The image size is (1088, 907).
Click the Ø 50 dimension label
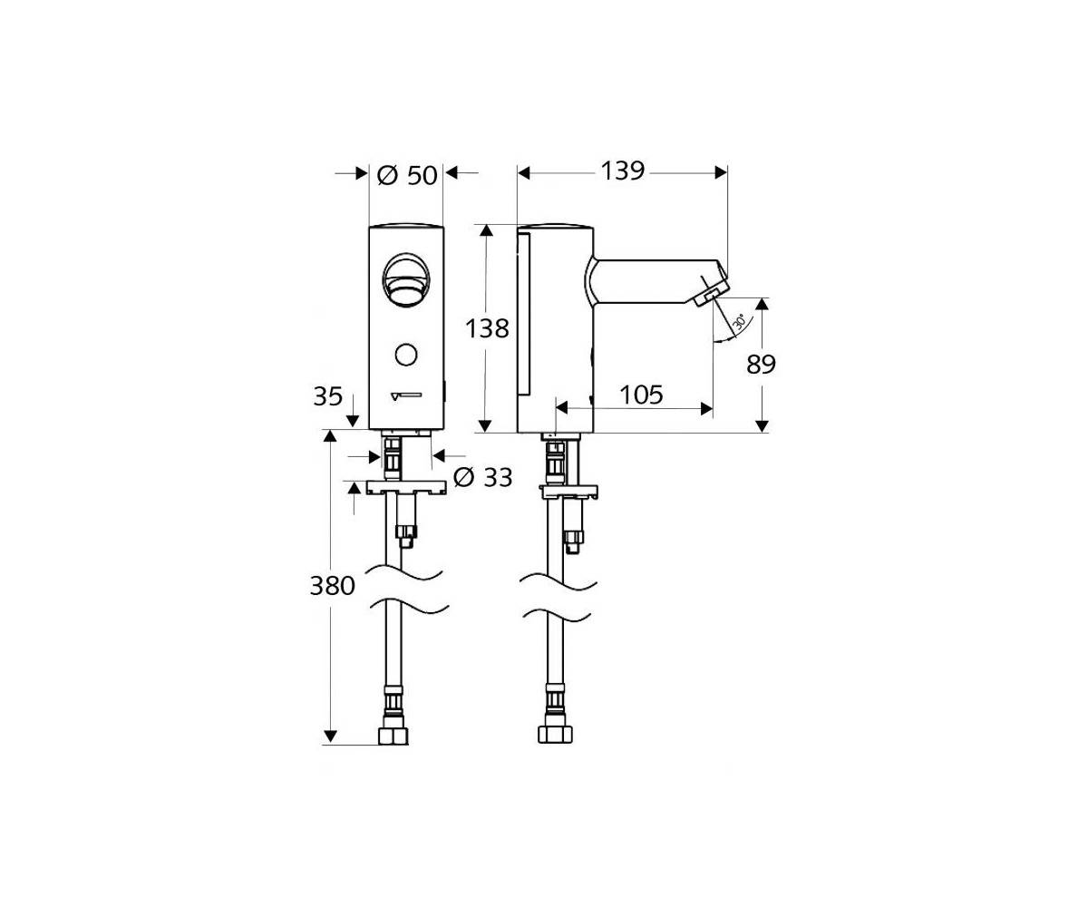point(407,176)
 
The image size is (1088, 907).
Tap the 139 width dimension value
point(623,171)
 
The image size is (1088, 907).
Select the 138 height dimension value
point(487,329)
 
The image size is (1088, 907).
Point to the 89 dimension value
point(761,365)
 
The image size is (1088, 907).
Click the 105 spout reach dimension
point(641,395)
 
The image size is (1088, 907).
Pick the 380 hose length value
point(333,586)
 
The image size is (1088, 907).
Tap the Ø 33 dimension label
point(483,477)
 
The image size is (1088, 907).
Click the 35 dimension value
point(327,396)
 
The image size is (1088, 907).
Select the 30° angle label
point(739,323)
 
